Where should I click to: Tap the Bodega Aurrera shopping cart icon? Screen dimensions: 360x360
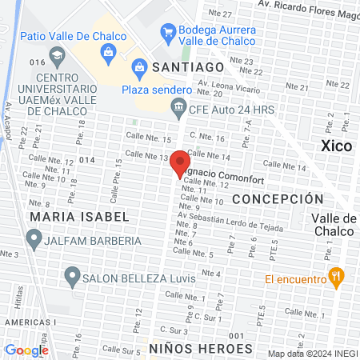[x=168, y=33]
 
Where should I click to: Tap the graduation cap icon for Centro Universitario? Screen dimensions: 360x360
[x=57, y=56]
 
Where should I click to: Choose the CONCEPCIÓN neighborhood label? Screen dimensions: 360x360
[x=278, y=199]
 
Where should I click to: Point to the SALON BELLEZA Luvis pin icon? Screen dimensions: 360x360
[x=71, y=278]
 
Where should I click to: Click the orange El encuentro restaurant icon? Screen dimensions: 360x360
[x=338, y=278]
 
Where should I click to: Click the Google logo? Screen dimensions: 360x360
[x=26, y=350]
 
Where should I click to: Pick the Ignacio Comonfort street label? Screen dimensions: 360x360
[x=219, y=170]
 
